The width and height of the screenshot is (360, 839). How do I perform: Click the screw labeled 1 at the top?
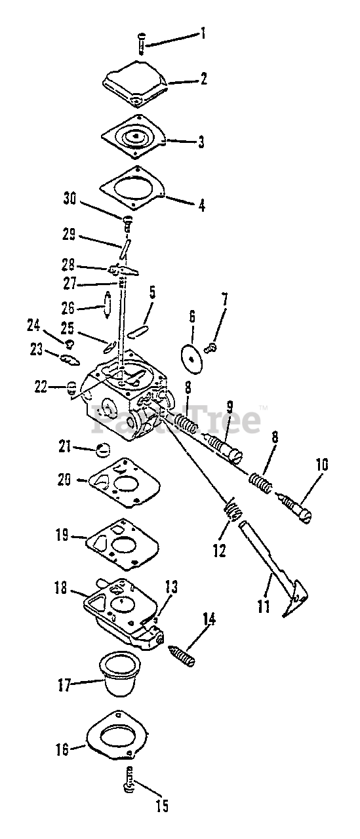click(x=142, y=44)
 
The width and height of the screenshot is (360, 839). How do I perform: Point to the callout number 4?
click(x=201, y=206)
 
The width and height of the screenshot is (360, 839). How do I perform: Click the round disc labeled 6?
click(x=191, y=358)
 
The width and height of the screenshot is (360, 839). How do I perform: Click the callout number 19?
click(x=62, y=536)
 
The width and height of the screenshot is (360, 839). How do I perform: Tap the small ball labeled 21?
click(x=104, y=450)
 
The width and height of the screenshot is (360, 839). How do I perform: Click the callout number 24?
click(x=33, y=326)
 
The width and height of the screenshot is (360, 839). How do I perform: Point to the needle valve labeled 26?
click(x=107, y=305)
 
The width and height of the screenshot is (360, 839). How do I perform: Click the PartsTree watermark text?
click(x=176, y=419)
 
